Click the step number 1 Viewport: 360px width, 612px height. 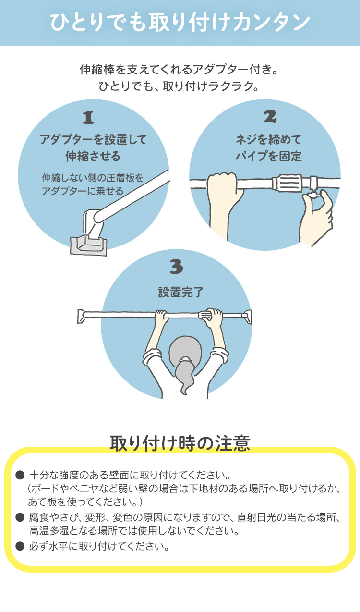[88, 118]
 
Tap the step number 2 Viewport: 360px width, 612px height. [270, 117]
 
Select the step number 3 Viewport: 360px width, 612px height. [176, 267]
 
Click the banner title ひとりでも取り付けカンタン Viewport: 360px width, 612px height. [180, 23]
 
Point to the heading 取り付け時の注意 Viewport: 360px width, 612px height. [180, 443]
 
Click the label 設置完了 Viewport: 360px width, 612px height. [180, 293]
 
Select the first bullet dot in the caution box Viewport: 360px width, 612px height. [20, 475]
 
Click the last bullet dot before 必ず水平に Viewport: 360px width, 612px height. [20, 545]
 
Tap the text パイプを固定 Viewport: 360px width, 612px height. [269, 156]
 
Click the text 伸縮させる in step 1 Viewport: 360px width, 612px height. [93, 156]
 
